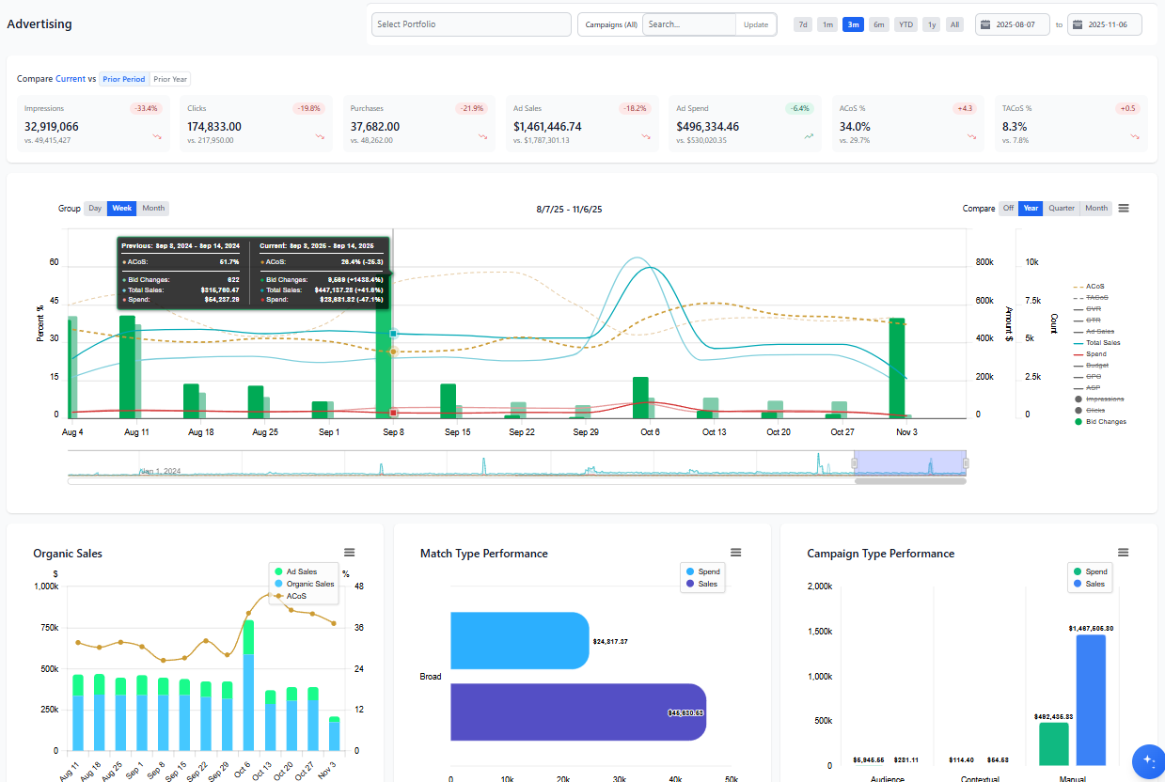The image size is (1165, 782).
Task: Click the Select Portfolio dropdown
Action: point(471,24)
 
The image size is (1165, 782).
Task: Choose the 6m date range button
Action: point(878,24)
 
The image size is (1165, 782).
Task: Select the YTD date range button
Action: point(905,24)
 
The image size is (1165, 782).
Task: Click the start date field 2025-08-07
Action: point(1013,24)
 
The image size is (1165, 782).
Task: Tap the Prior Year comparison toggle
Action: point(170,79)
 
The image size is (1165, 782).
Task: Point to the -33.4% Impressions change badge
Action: point(147,108)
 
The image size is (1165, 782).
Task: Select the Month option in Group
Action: point(153,209)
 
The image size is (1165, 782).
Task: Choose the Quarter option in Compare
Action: point(1062,209)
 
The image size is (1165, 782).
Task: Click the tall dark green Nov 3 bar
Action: point(896,368)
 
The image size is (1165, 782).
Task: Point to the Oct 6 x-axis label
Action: point(650,432)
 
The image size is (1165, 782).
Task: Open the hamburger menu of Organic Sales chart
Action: point(350,553)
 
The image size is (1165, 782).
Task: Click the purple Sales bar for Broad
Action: point(577,712)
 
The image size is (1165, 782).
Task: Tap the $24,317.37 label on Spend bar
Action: point(610,642)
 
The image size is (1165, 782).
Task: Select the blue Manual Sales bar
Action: point(1091,699)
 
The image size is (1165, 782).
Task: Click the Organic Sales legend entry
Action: point(309,584)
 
